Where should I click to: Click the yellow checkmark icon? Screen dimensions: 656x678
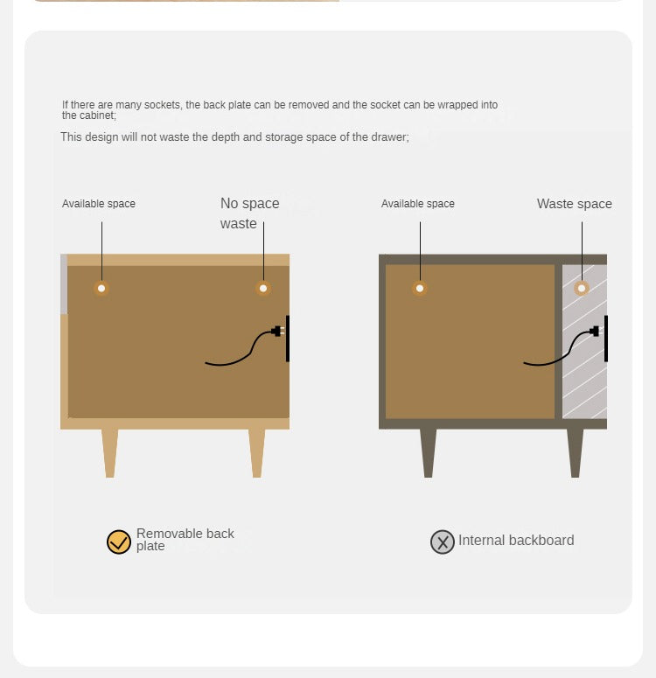[119, 542]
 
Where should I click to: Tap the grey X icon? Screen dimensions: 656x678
[443, 542]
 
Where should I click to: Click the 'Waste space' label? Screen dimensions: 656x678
[575, 204]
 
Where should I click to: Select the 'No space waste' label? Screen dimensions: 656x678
[249, 213]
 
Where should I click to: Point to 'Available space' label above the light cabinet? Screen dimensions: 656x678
[99, 204]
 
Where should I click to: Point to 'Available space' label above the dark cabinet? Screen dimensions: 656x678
[418, 204]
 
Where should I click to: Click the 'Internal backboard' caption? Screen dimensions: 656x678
[516, 540]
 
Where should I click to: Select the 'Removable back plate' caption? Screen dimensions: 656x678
[185, 539]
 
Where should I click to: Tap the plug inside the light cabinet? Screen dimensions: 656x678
[277, 332]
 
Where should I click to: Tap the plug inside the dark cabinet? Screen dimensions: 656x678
[595, 332]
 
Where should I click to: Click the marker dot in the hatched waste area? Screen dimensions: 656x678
[582, 288]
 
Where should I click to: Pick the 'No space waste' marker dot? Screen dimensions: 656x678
[263, 288]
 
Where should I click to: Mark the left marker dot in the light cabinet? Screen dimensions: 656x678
[101, 288]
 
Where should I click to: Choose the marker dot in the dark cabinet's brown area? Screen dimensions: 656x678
[420, 288]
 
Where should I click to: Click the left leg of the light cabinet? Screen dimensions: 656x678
[110, 453]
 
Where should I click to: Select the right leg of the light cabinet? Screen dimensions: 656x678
[257, 453]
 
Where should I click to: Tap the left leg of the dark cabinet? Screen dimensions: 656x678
[428, 453]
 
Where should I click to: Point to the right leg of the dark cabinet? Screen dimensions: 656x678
[576, 453]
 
